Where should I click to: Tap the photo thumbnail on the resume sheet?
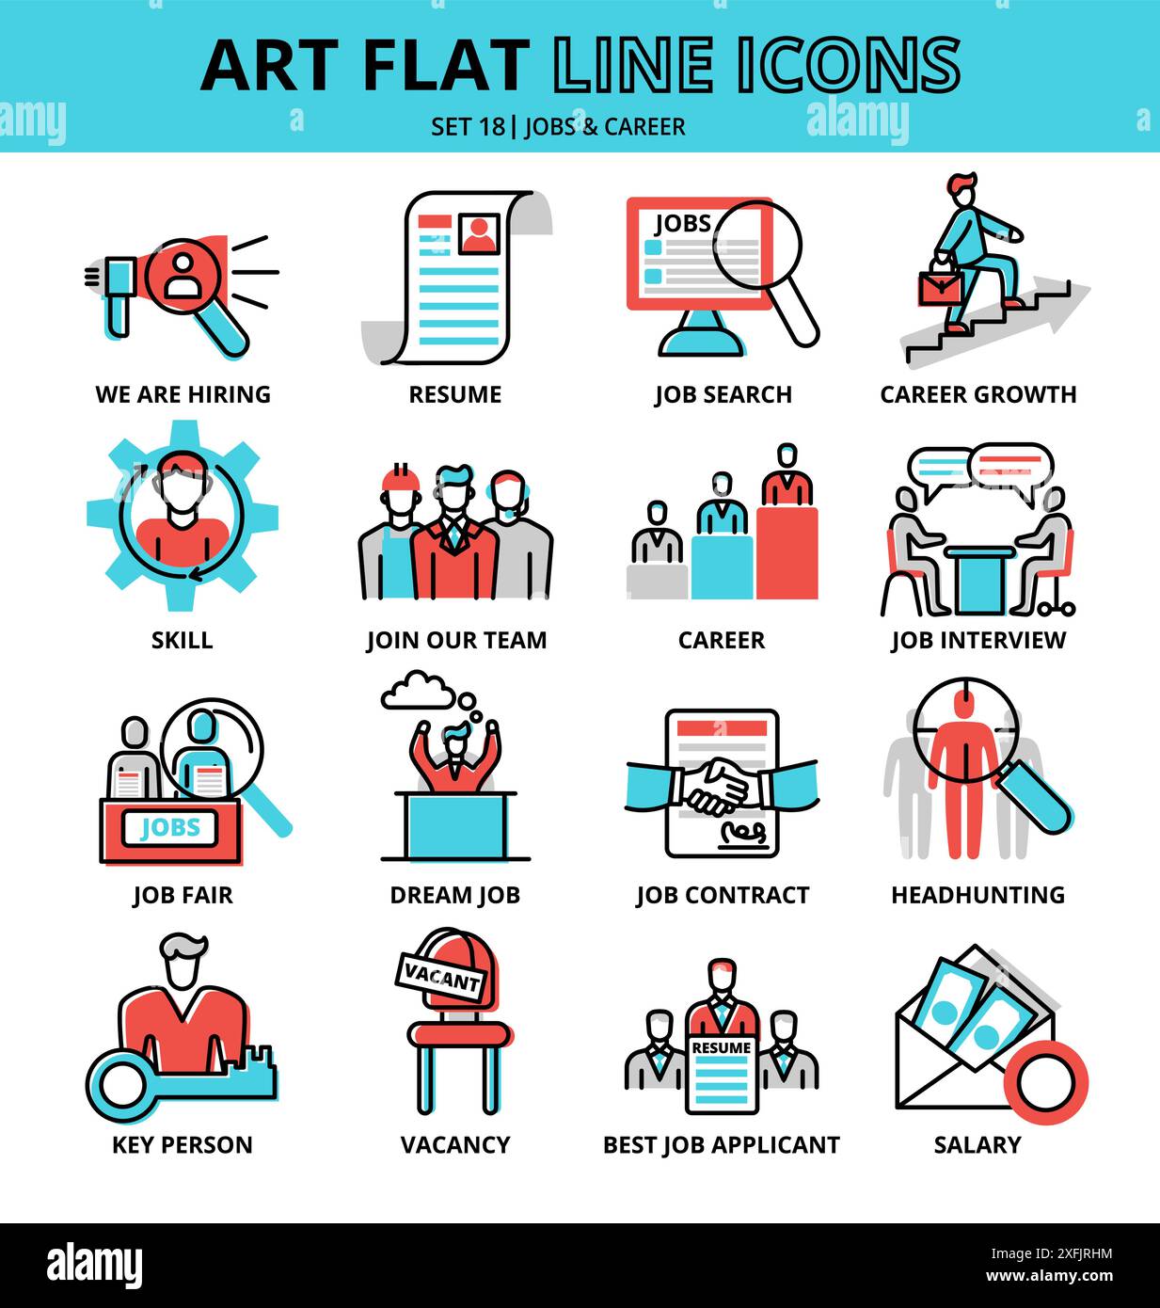click(479, 232)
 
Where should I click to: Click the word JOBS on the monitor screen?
click(682, 224)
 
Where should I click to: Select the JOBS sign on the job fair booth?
click(170, 828)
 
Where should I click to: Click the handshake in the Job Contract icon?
click(721, 786)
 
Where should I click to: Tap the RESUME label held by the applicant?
click(721, 1047)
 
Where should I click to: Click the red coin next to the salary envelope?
click(1045, 1084)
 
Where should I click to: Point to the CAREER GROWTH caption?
click(977, 394)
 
